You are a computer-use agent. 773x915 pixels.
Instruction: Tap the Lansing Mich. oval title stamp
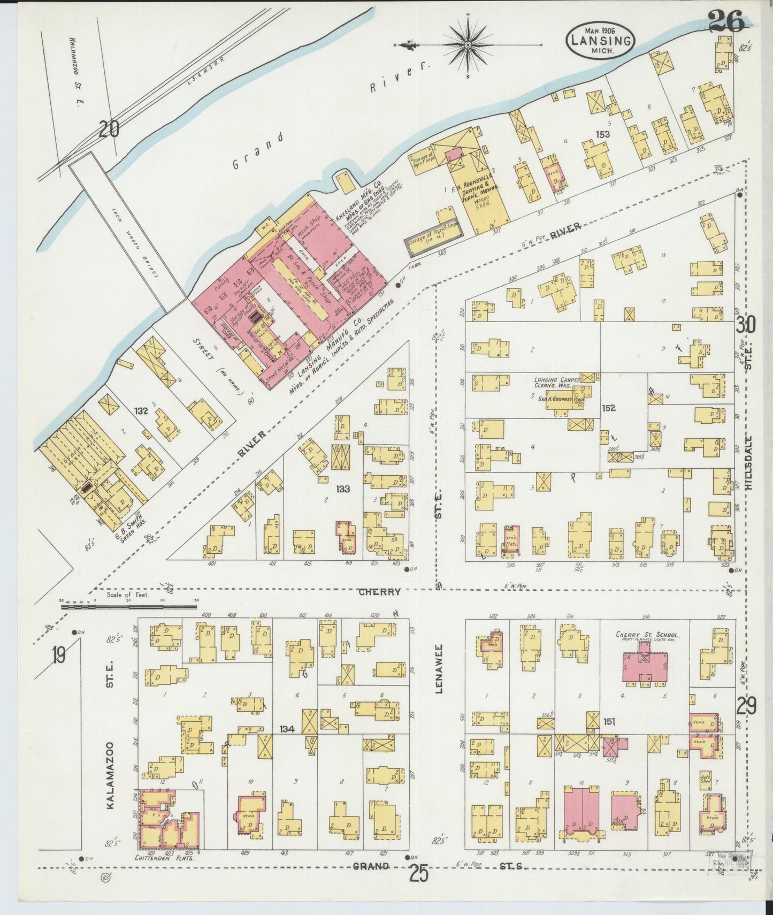[600, 39]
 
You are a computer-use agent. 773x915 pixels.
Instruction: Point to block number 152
[608, 408]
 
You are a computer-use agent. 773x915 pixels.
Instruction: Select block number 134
[287, 728]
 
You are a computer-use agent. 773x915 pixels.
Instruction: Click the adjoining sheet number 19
[59, 654]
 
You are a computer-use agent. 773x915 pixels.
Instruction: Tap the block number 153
[603, 134]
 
